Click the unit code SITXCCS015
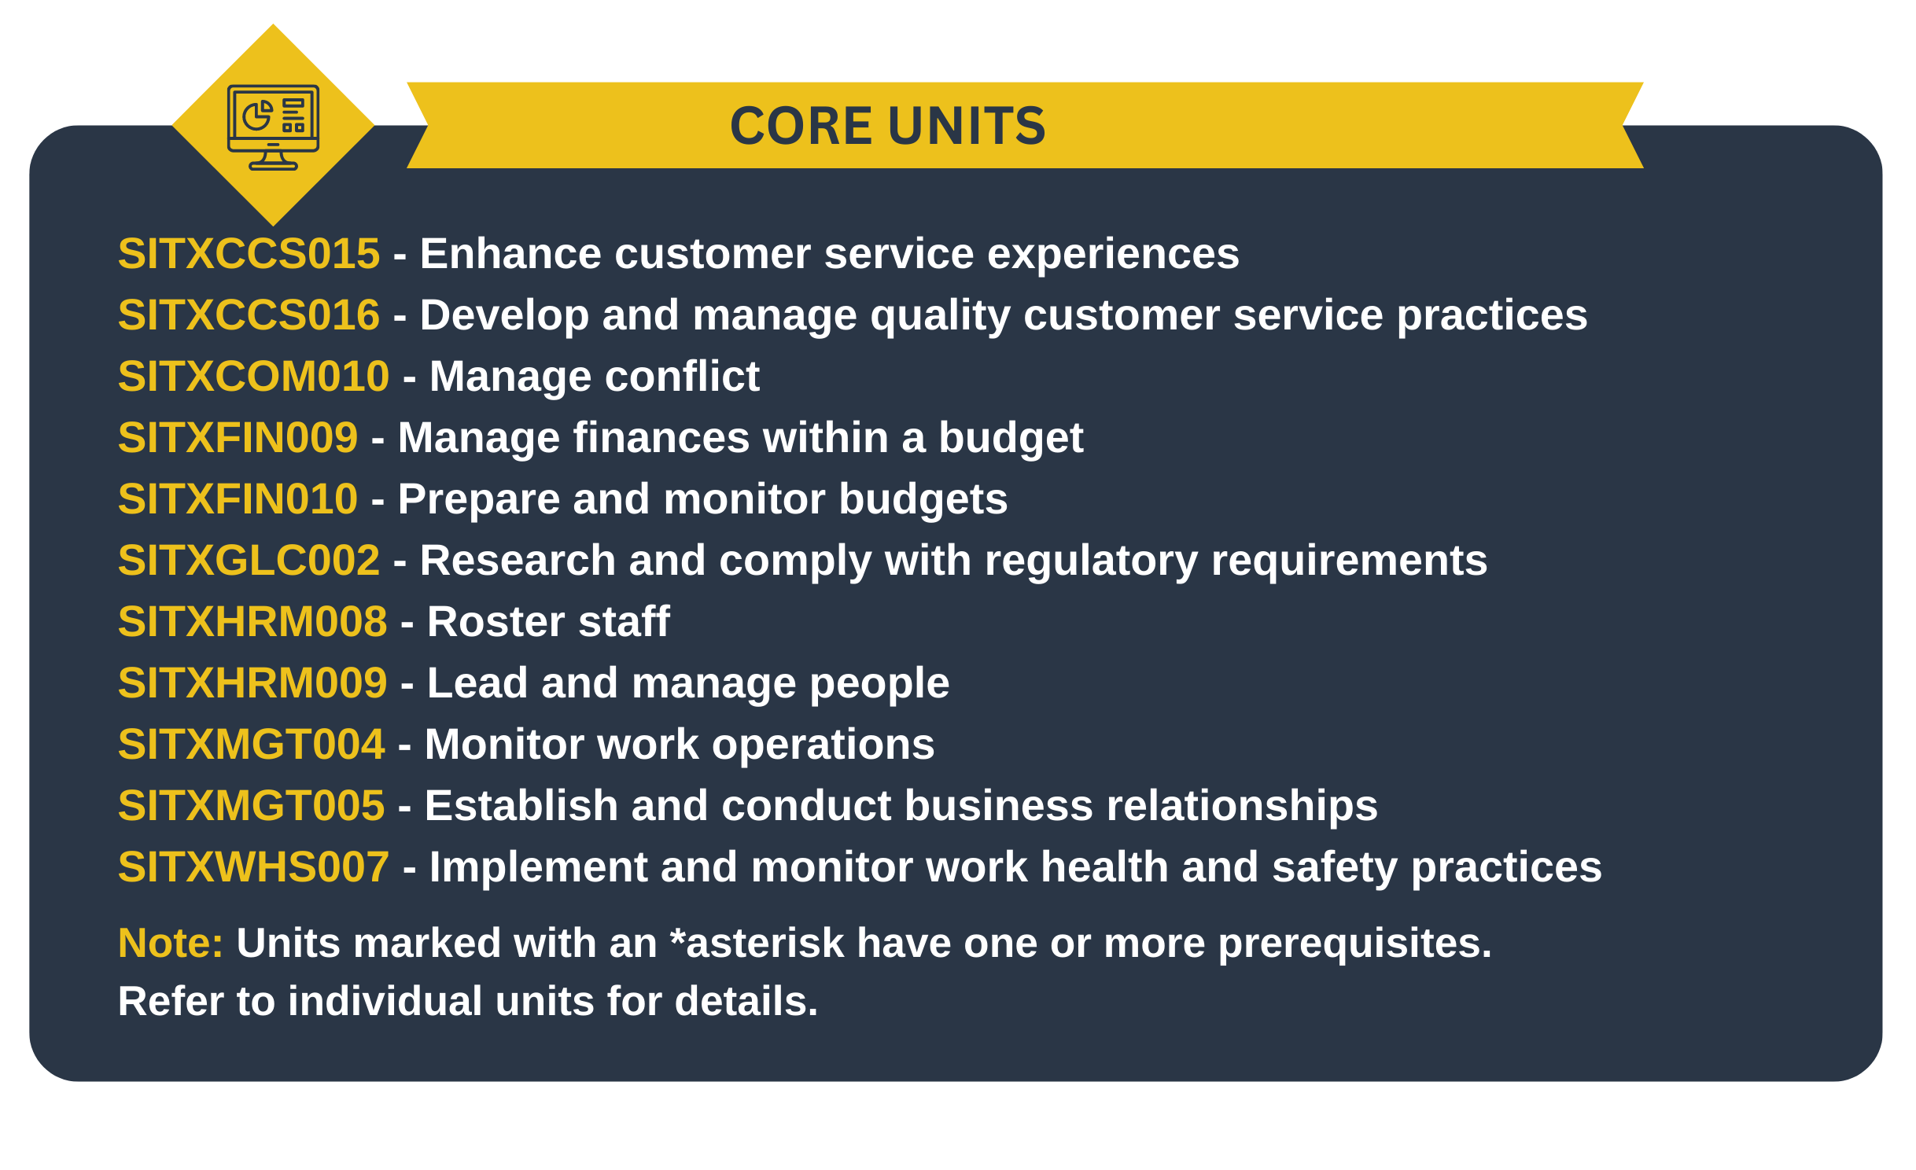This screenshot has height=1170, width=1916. pos(249,254)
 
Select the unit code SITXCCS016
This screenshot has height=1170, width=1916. pos(249,315)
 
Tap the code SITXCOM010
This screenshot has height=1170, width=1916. pos(253,377)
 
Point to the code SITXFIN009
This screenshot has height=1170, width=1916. pos(238,438)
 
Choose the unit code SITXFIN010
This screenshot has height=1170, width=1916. pos(238,499)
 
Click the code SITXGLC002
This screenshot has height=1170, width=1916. pos(249,561)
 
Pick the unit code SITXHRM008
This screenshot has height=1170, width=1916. pos(252,622)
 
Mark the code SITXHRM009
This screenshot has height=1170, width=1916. pos(252,683)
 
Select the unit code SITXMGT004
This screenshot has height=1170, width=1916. pos(252,745)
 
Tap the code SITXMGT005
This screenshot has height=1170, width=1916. pos(252,806)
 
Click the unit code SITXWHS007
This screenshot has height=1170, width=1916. pos(253,867)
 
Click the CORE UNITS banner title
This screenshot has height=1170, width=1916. pos(888,126)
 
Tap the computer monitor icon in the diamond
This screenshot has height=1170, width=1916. pos(273,127)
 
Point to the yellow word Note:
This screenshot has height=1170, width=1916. pos(171,943)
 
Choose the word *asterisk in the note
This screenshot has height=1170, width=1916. pos(757,943)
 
